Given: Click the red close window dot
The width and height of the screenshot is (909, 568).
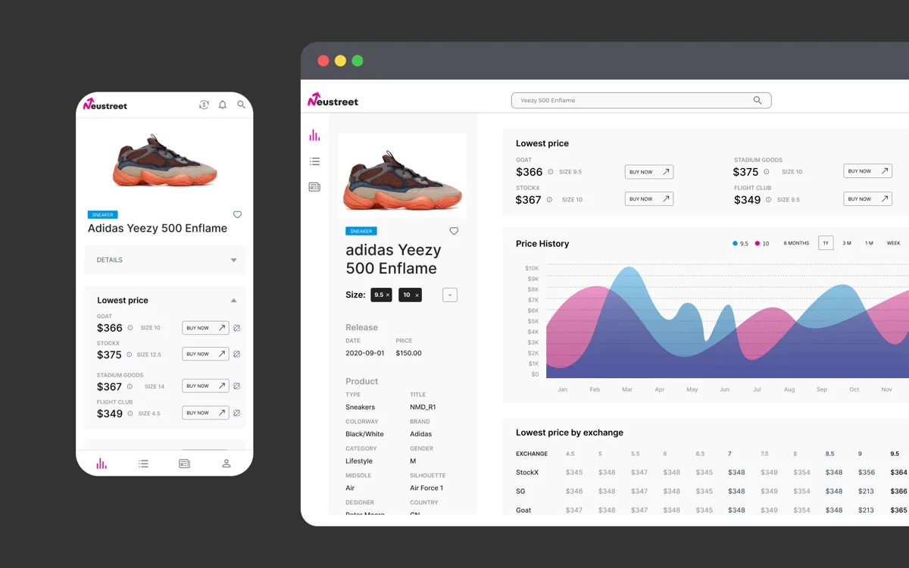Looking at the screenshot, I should coord(323,61).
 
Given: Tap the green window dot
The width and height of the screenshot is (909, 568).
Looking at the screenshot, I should coord(358,61).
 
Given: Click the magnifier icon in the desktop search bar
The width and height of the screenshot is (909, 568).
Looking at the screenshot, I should coord(757,100).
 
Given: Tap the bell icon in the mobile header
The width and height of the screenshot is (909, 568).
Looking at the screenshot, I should coord(223,105).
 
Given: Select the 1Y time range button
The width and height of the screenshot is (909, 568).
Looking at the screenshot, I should coord(826,243).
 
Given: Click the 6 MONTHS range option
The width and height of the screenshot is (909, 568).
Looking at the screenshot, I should coord(796,243).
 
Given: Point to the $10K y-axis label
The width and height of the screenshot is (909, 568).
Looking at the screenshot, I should coord(531,268).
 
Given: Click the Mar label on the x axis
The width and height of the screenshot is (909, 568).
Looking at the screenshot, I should coord(627,389).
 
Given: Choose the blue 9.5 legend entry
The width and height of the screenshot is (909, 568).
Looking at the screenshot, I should coord(740,244).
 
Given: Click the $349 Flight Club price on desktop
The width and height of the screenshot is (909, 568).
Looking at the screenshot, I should coord(747,200).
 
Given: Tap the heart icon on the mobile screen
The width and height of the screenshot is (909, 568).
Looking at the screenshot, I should coord(237,215).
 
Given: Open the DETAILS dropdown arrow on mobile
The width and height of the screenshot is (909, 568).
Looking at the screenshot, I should coord(233,260).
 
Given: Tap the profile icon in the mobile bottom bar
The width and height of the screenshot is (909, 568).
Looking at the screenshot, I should coord(226,463).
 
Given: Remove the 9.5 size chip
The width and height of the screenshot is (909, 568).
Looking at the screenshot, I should coord(388,295).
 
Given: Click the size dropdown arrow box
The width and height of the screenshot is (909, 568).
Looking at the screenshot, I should coord(450,295).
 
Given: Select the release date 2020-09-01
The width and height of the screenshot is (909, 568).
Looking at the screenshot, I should coord(365,353).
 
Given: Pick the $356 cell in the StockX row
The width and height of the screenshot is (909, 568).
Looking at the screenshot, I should coord(867,473).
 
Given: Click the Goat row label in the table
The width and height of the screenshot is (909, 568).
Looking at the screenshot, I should coord(523,510).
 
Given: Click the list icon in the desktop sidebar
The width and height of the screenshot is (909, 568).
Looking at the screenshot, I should coord(314,161).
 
